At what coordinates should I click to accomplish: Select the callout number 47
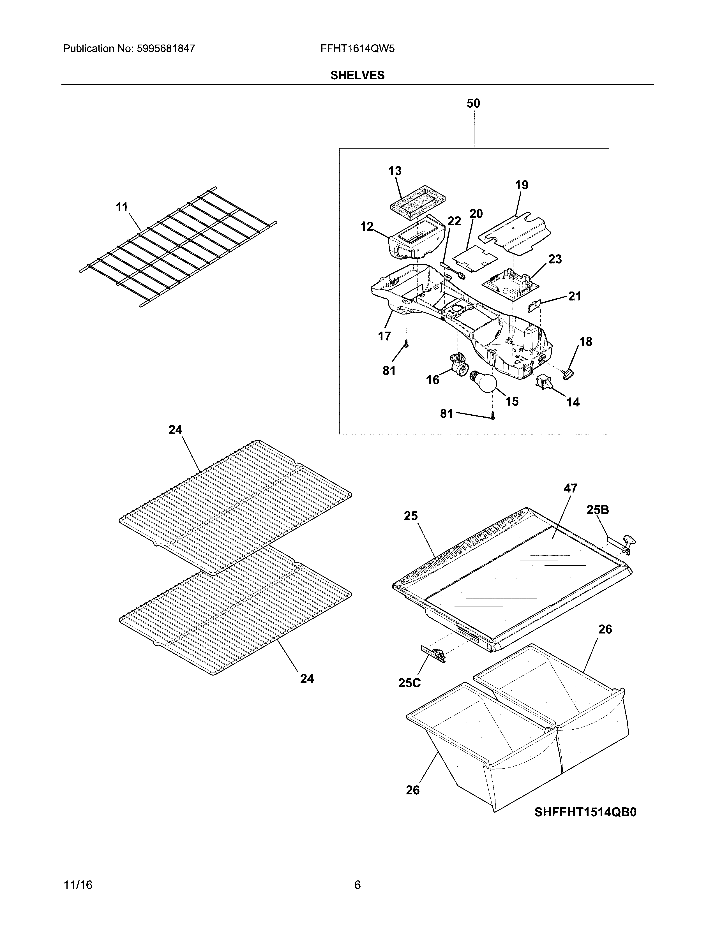pos(570,488)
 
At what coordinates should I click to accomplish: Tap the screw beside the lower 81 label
pos(492,416)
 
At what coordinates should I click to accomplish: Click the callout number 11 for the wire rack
pos(122,207)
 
